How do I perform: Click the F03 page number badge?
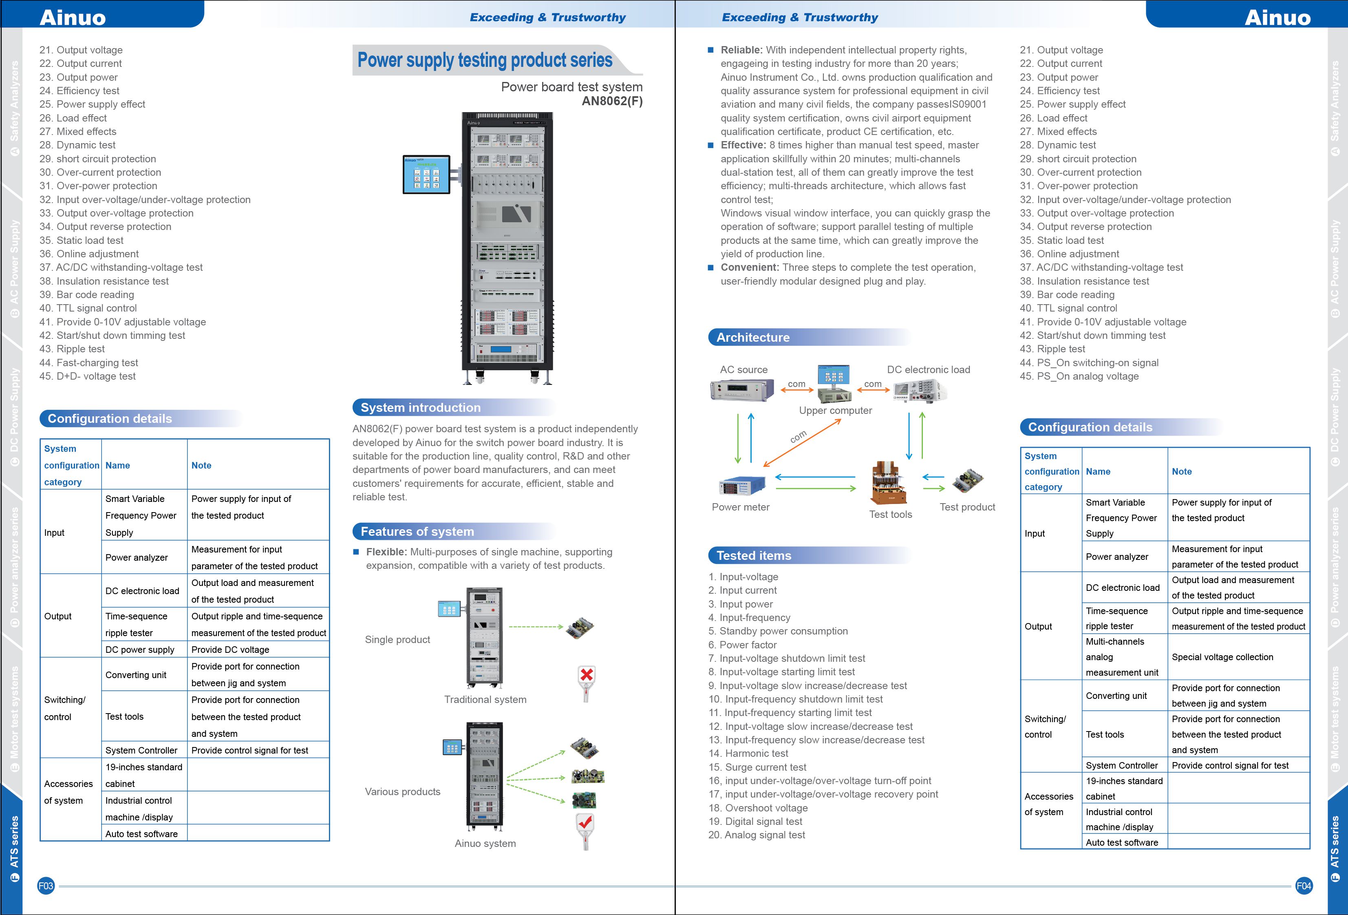[x=45, y=886]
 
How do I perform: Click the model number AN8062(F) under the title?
[x=612, y=101]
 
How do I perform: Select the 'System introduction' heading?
[x=421, y=407]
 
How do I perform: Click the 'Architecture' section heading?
[x=752, y=337]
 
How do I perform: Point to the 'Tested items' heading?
[x=753, y=555]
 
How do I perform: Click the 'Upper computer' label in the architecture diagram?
[x=835, y=410]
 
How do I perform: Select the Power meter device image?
[x=742, y=485]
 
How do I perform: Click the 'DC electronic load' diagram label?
[x=928, y=369]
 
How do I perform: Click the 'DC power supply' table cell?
[x=140, y=649]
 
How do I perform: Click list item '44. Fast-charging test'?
[x=89, y=362]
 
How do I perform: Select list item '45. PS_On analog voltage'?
[x=1079, y=376]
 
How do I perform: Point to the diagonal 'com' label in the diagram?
[x=798, y=437]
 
